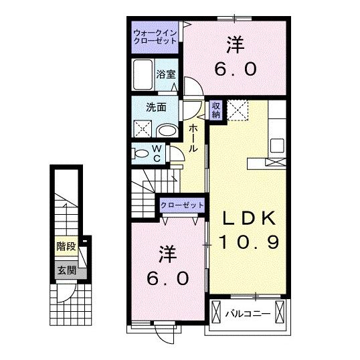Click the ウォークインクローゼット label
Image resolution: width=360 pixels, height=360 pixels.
pyautogui.click(x=155, y=36)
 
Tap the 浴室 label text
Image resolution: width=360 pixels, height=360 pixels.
pyautogui.click(x=166, y=74)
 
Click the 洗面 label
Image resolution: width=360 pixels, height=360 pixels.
pyautogui.click(x=157, y=106)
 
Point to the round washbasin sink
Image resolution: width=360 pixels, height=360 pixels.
pyautogui.click(x=168, y=130)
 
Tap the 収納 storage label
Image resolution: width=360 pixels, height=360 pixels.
pyautogui.click(x=216, y=109)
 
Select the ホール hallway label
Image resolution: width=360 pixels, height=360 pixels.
pyautogui.click(x=193, y=137)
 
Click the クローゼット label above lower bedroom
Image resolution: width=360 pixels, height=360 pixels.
pyautogui.click(x=181, y=206)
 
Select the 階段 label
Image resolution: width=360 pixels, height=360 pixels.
pyautogui.click(x=66, y=246)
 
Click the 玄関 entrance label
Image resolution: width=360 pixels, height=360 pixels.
pyautogui.click(x=66, y=270)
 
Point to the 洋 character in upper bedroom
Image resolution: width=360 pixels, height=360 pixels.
pyautogui.click(x=234, y=46)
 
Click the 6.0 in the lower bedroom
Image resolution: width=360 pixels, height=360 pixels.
pyautogui.click(x=168, y=277)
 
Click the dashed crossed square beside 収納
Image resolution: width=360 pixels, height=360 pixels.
pyautogui.click(x=238, y=108)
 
